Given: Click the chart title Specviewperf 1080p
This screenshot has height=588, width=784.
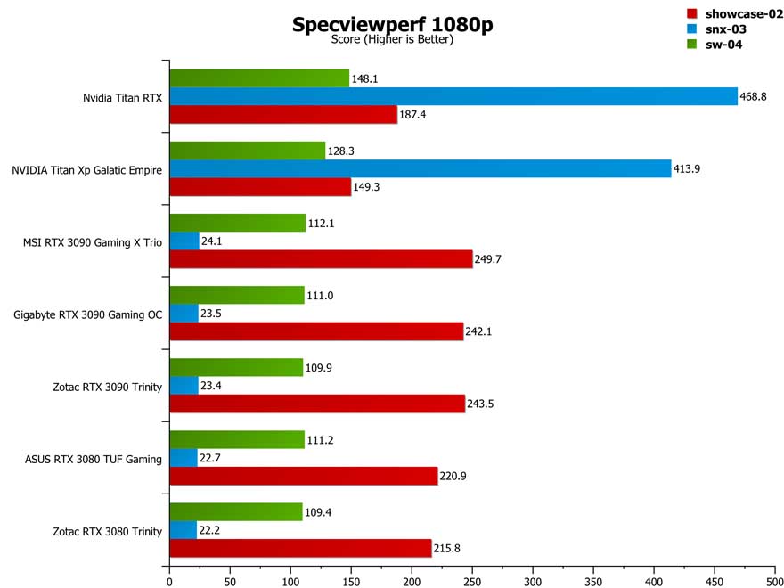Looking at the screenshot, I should click(392, 24).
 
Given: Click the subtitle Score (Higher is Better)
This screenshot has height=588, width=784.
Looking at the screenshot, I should click(392, 40).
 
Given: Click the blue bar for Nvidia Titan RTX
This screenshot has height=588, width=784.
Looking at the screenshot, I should click(453, 96).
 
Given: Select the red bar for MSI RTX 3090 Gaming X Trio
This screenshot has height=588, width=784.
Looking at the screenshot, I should click(321, 258).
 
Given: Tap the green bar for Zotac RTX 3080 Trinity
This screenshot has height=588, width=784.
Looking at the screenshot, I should click(236, 511).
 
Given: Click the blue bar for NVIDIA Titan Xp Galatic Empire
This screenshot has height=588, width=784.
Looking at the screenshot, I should click(420, 168).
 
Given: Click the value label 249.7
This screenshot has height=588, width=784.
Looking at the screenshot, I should click(491, 258).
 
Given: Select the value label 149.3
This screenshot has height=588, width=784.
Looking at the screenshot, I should click(370, 186).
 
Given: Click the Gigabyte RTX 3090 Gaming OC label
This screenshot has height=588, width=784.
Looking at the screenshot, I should click(88, 314).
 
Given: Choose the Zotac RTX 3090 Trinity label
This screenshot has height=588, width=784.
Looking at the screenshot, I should click(108, 387).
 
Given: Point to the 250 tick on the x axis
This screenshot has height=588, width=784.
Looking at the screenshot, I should click(472, 580).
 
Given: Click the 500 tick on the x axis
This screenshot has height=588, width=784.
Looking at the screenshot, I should click(774, 580).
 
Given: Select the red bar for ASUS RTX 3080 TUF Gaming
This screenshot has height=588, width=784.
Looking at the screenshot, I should click(303, 477).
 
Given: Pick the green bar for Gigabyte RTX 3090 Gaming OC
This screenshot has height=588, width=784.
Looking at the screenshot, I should click(237, 295).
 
